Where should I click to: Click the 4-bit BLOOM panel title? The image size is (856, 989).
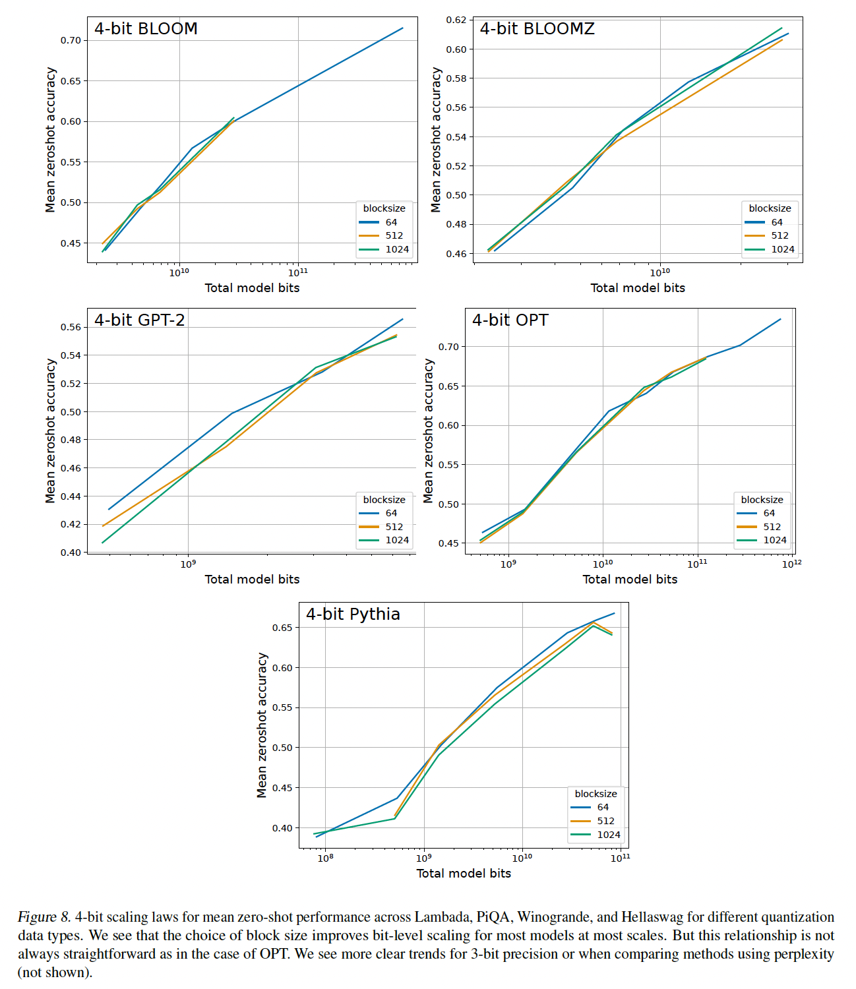pyautogui.click(x=146, y=29)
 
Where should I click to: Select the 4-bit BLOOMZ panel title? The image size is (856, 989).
pyautogui.click(x=537, y=29)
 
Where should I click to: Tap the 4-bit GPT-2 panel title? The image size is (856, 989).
pyautogui.click(x=139, y=320)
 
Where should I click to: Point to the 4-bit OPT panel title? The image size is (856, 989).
pyautogui.click(x=510, y=320)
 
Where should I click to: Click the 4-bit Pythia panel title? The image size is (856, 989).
pyautogui.click(x=353, y=614)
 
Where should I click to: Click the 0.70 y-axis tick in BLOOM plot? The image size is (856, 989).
pyautogui.click(x=71, y=41)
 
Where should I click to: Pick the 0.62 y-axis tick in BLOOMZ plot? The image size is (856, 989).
pyautogui.click(x=456, y=20)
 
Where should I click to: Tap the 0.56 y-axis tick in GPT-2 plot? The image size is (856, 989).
pyautogui.click(x=71, y=328)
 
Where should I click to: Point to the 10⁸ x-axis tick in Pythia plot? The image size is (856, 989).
pyautogui.click(x=325, y=858)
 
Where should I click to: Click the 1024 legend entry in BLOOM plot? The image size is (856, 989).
pyautogui.click(x=397, y=249)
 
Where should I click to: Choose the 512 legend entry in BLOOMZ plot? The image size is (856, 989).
pyautogui.click(x=780, y=235)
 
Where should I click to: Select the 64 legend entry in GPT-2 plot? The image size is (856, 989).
pyautogui.click(x=391, y=513)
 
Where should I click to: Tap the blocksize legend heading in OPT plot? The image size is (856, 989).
pyautogui.click(x=762, y=500)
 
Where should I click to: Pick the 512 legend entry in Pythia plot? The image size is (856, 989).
pyautogui.click(x=605, y=821)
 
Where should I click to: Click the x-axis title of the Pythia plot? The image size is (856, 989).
pyautogui.click(x=464, y=874)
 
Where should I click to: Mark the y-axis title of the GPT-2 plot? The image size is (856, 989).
pyautogui.click(x=50, y=431)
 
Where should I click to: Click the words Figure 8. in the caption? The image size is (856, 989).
pyautogui.click(x=44, y=917)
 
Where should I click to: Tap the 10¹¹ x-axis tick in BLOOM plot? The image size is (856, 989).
pyautogui.click(x=297, y=272)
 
